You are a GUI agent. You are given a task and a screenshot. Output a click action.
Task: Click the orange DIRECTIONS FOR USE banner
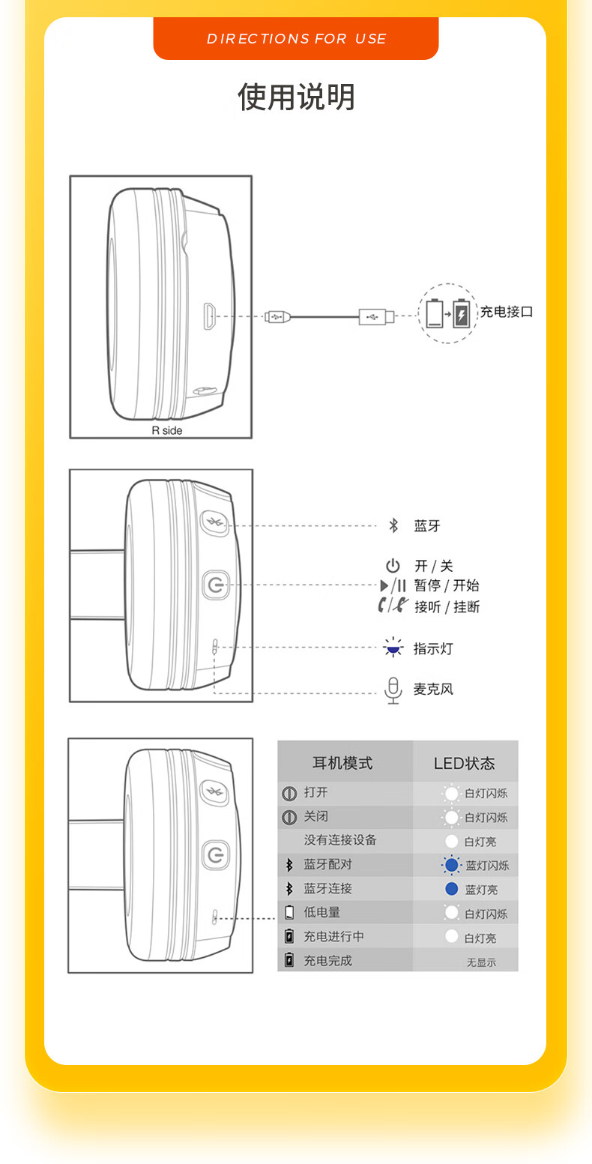[x=296, y=38]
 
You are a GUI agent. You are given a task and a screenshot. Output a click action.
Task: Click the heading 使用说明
[x=296, y=97]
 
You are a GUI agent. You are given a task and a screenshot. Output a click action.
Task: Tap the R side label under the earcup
[x=166, y=430]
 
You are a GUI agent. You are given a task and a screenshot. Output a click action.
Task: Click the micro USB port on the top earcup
[x=210, y=316]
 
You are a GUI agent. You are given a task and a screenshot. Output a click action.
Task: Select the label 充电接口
[x=507, y=312]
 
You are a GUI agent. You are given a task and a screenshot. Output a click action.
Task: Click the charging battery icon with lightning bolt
[x=461, y=313]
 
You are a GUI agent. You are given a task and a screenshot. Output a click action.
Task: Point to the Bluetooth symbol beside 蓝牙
[x=393, y=525]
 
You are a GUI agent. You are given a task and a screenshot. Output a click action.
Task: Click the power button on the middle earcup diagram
[x=216, y=585]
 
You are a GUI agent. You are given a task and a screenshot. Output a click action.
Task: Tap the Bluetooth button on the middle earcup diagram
[x=215, y=523]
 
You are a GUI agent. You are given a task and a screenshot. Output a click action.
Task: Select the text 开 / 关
[x=434, y=567]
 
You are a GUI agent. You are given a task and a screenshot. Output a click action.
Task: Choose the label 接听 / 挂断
[x=447, y=606]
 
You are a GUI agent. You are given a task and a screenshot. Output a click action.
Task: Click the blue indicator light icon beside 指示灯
[x=393, y=648]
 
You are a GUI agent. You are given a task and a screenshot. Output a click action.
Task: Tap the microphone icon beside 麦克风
[x=393, y=689]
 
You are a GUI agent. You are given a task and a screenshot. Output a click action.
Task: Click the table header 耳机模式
[x=342, y=763]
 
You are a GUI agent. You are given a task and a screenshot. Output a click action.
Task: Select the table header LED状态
[x=465, y=763]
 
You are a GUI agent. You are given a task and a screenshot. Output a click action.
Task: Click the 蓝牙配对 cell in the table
[x=327, y=864]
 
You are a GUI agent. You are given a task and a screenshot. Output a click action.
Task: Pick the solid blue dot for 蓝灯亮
[x=451, y=889]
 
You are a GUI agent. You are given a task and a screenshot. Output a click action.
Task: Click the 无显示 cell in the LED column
[x=481, y=962]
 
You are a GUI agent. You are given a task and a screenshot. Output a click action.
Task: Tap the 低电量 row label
[x=322, y=912]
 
